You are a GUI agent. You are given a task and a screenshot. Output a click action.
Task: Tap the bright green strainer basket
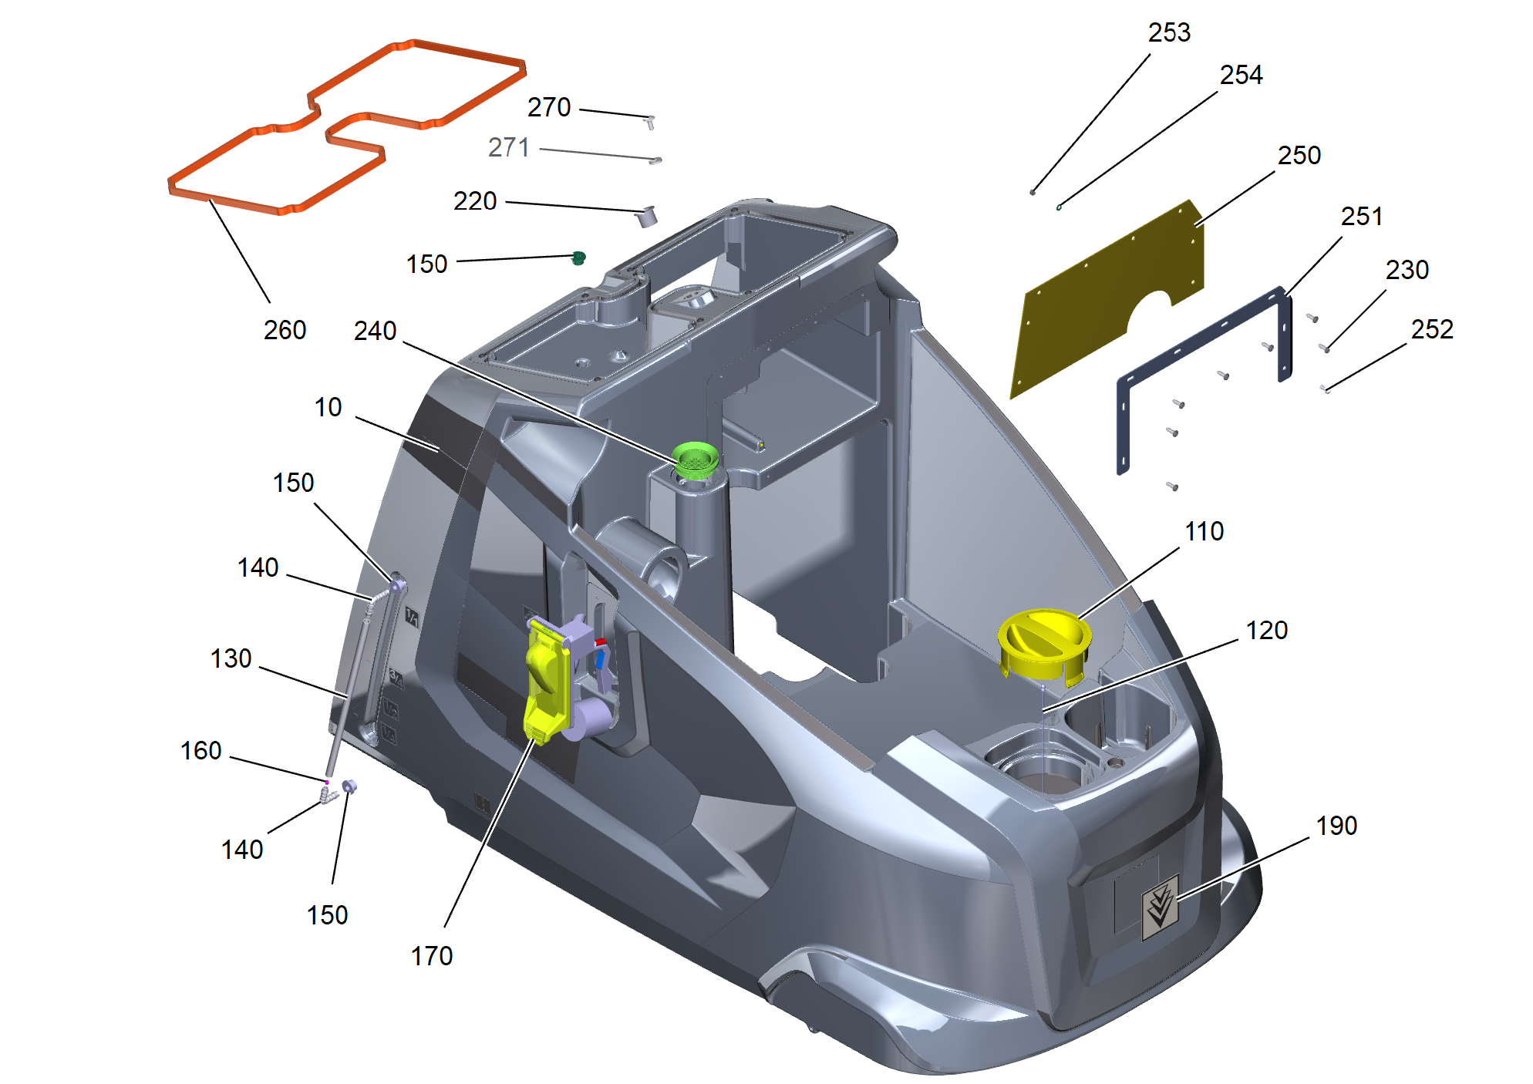point(696,460)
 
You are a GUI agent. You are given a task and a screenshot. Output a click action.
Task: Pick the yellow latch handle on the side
point(547,682)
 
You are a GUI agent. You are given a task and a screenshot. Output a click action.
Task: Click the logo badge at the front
point(1160,907)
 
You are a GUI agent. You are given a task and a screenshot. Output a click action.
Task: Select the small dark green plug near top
point(578,258)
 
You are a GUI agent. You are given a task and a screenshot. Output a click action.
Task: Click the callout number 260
point(285,330)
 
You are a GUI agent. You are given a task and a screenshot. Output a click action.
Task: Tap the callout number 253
point(1169,32)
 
